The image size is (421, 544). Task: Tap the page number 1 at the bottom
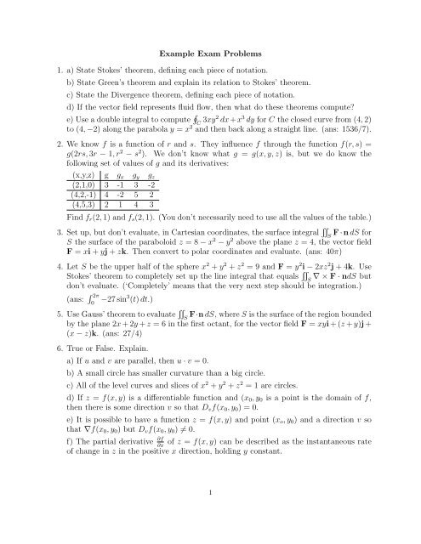tap(210, 513)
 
